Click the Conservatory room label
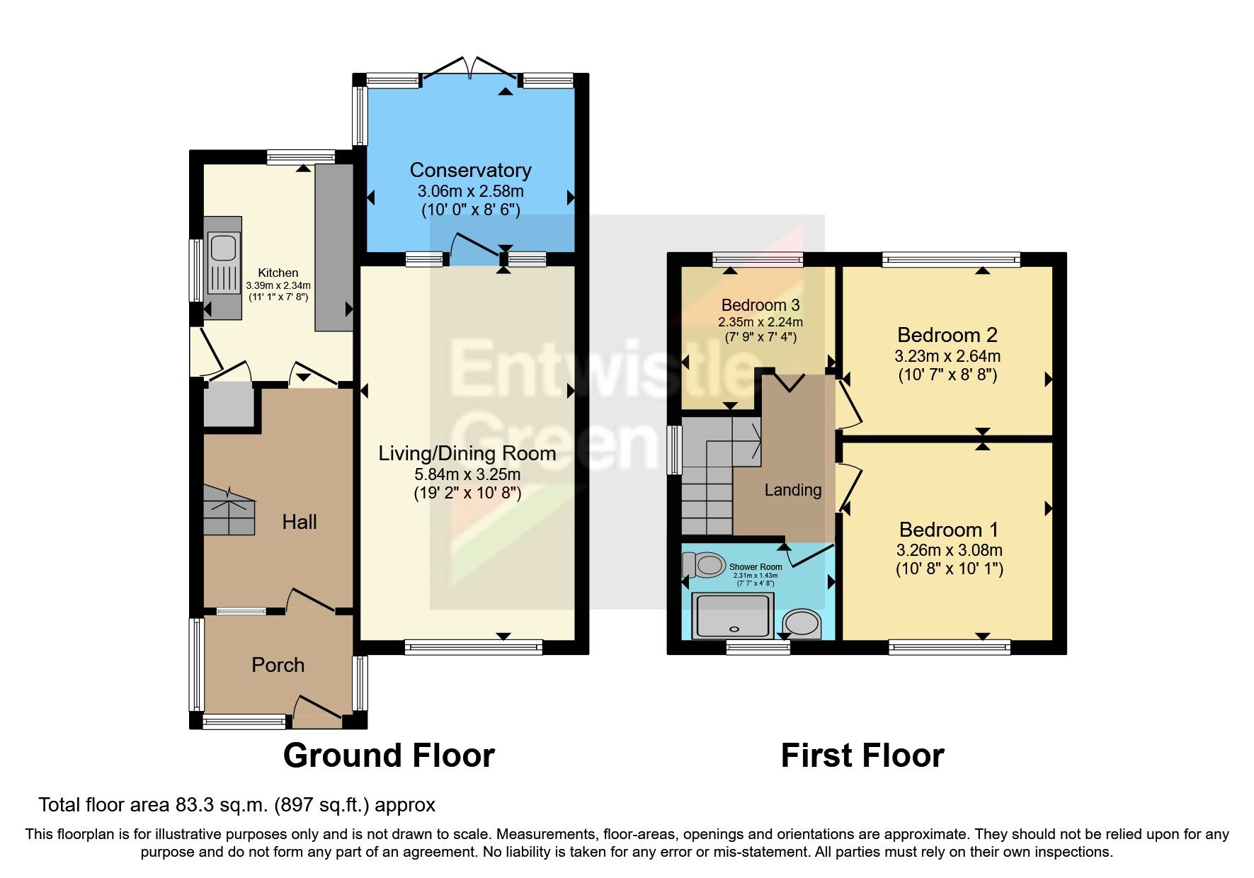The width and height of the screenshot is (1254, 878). click(470, 170)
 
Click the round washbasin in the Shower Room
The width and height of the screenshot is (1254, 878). click(802, 624)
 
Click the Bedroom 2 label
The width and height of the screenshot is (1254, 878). click(947, 335)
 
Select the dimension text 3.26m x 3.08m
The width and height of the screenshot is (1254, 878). click(949, 550)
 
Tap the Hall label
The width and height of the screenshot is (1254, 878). click(299, 523)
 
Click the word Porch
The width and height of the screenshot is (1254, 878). click(278, 666)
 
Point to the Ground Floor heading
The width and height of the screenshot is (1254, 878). click(389, 756)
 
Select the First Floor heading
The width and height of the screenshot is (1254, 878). click(862, 756)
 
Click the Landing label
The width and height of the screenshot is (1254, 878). click(792, 490)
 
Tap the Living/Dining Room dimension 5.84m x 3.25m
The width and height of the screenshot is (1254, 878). click(467, 474)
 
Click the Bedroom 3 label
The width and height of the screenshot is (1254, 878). click(760, 305)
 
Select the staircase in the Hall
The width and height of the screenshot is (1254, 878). click(228, 510)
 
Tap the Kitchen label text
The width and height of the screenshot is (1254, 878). click(278, 273)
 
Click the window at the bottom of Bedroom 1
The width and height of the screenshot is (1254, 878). click(949, 646)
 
